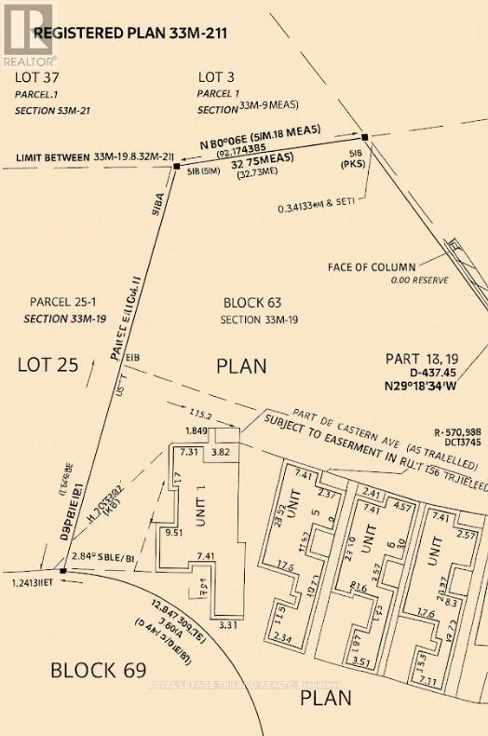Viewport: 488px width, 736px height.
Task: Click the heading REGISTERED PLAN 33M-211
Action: [x=130, y=34]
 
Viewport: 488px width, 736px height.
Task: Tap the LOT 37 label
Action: [x=40, y=78]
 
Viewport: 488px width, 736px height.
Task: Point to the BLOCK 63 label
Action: [x=252, y=303]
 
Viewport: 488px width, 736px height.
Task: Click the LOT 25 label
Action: [x=47, y=364]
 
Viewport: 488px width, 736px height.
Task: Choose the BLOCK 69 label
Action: [x=98, y=670]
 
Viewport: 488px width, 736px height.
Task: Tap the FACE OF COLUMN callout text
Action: [x=373, y=267]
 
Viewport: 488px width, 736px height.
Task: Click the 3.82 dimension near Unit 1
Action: [x=221, y=452]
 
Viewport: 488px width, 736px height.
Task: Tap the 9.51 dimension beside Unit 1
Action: [x=171, y=535]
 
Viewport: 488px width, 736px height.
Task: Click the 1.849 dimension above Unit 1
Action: [x=196, y=431]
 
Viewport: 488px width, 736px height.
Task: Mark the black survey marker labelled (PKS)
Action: [x=366, y=137]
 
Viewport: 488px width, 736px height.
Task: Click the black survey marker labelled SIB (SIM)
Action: [x=176, y=168]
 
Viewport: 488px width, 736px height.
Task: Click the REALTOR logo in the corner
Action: [x=27, y=32]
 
